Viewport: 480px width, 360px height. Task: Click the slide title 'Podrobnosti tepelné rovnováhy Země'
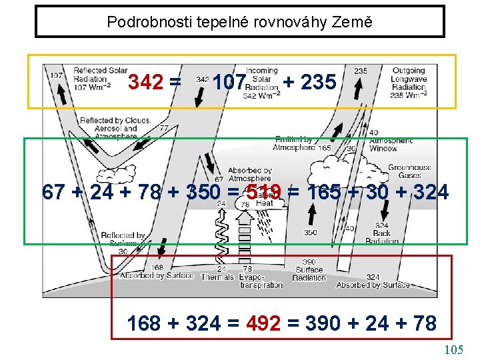tap(239, 22)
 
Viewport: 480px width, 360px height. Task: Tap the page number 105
tap(453, 349)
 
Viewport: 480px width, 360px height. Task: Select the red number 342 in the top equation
tap(146, 83)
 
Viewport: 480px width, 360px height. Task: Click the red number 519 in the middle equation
tap(263, 193)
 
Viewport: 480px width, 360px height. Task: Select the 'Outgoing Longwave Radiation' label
tap(409, 83)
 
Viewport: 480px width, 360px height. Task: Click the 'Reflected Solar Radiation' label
tap(100, 78)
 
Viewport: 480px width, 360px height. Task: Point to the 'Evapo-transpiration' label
tap(261, 281)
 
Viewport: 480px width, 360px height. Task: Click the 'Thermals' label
tap(217, 277)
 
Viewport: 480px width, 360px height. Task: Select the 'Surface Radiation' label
tap(309, 274)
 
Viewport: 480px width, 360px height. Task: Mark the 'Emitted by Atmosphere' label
tap(295, 143)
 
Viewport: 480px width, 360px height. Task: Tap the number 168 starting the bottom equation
tap(143, 323)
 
